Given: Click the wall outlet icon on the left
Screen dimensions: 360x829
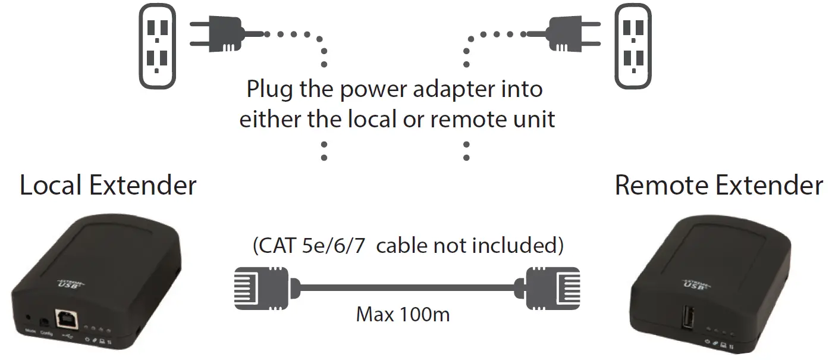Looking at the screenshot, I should (x=156, y=46).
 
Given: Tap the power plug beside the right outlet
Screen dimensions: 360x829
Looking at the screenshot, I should (x=568, y=34).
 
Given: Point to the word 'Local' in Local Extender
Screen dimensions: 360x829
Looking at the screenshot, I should (x=52, y=185).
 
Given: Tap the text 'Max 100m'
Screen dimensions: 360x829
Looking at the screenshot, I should (x=403, y=314).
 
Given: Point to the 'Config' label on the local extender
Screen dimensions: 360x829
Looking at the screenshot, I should (x=46, y=334).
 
